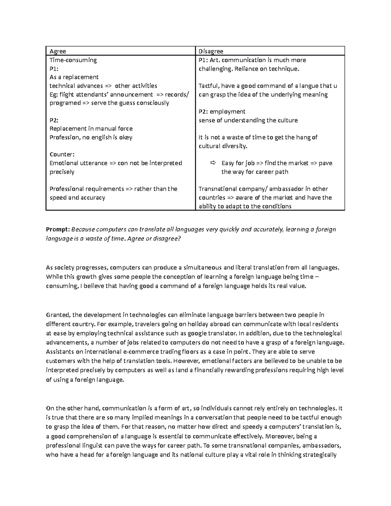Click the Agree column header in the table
(x=58, y=51)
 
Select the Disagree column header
(x=211, y=51)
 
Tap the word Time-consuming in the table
(x=73, y=60)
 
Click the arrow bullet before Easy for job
(x=213, y=163)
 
